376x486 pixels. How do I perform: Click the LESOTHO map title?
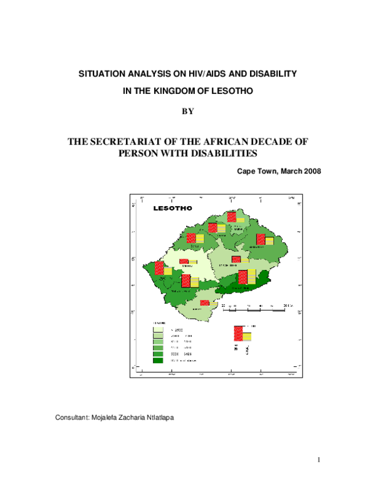tap(173, 208)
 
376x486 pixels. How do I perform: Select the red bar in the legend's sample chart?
tap(238, 334)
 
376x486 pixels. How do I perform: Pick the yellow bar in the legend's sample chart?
tap(247, 337)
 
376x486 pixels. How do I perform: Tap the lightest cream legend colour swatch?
tap(158, 329)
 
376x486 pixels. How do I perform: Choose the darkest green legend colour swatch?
tap(158, 360)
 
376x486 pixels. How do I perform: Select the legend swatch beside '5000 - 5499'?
tap(158, 354)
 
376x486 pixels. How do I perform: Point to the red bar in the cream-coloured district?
tap(184, 261)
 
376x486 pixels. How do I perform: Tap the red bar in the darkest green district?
tap(243, 277)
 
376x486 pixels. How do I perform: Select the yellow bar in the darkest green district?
tap(251, 277)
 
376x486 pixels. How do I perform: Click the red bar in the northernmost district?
tap(231, 217)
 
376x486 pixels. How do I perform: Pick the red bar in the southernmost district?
tap(204, 302)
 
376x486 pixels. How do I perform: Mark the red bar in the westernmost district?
tap(159, 268)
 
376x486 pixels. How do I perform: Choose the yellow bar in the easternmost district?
tap(269, 240)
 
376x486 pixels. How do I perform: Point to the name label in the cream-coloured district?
tap(187, 267)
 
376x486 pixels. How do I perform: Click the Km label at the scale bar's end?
tap(288, 305)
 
